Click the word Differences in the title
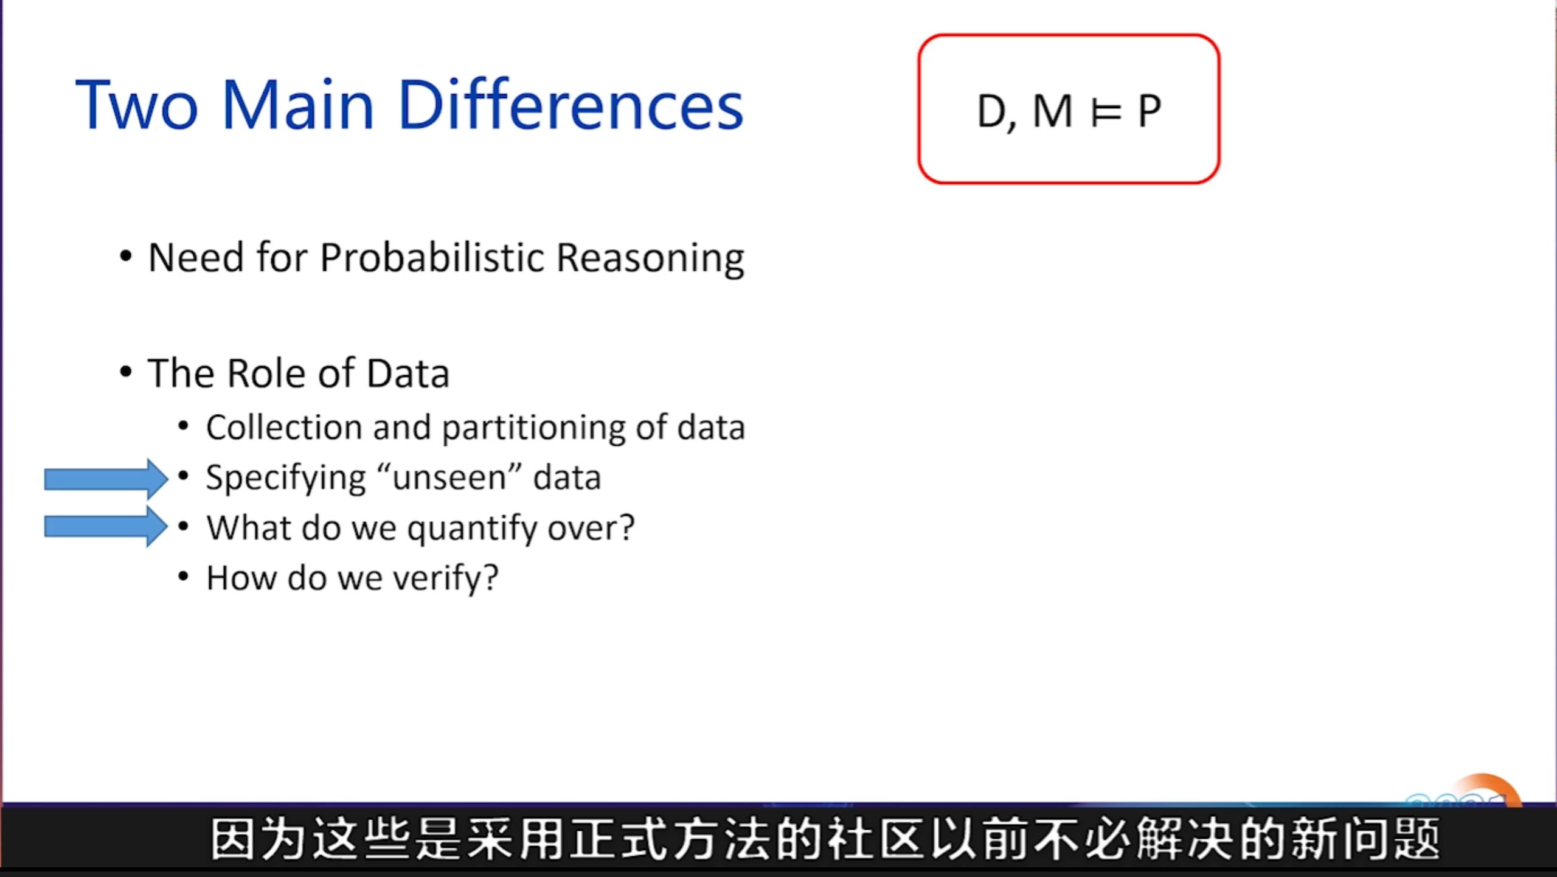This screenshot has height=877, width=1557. (570, 105)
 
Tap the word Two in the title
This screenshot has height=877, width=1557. (137, 105)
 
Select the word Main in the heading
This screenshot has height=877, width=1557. (297, 105)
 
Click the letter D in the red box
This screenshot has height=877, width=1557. (991, 112)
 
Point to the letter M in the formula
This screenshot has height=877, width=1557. (1052, 111)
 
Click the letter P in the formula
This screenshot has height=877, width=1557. (1150, 111)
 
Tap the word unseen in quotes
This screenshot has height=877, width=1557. (449, 478)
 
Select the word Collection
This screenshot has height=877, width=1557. (285, 427)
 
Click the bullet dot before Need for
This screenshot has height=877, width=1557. (125, 256)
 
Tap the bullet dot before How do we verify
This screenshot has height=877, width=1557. (183, 575)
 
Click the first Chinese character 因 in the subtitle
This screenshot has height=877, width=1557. (233, 839)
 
